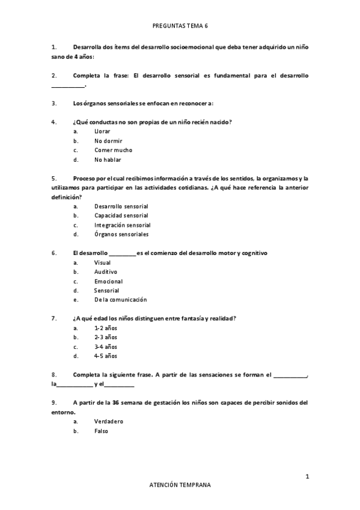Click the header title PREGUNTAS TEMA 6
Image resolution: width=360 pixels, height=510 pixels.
(180, 26)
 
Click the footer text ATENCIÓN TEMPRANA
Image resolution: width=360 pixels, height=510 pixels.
(180, 485)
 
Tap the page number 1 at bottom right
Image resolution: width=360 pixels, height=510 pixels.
(307, 476)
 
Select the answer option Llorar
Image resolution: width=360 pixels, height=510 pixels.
(103, 131)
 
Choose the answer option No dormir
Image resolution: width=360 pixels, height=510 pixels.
(108, 141)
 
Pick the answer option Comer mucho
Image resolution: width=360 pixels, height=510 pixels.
(114, 150)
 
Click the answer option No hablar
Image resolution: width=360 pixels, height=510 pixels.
(108, 160)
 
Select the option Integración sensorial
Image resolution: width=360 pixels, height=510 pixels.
(122, 225)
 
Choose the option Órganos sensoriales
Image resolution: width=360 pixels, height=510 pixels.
(121, 235)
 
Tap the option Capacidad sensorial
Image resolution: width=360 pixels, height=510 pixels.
(121, 215)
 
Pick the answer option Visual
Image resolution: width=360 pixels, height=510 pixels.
(103, 262)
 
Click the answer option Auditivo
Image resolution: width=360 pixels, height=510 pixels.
(106, 272)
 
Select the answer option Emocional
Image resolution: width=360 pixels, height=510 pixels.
(109, 281)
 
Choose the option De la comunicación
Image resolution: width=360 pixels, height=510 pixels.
(121, 300)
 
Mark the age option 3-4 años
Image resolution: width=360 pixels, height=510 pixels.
(106, 346)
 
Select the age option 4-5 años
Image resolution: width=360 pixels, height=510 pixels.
(106, 356)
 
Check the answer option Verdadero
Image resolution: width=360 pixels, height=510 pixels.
(109, 422)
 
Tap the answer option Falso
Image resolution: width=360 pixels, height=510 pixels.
(102, 431)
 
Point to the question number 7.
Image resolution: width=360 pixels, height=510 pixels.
(54, 318)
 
